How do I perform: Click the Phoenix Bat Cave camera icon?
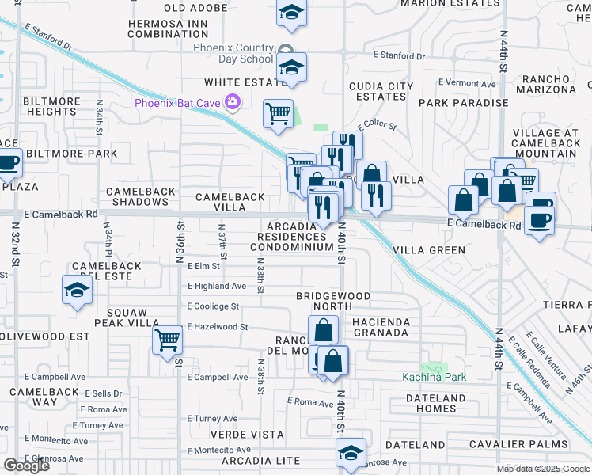pyautogui.click(x=233, y=101)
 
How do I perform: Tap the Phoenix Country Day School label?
pyautogui.click(x=234, y=53)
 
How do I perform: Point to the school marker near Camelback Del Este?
pyautogui.click(x=77, y=291)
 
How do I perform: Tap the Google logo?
pyautogui.click(x=26, y=465)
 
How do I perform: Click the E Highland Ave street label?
pyautogui.click(x=216, y=287)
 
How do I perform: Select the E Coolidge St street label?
pyautogui.click(x=213, y=306)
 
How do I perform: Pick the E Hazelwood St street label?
pyautogui.click(x=218, y=326)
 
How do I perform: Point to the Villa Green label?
pyautogui.click(x=430, y=250)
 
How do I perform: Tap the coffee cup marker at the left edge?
pyautogui.click(x=8, y=163)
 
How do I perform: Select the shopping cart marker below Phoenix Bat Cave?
pyautogui.click(x=278, y=113)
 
